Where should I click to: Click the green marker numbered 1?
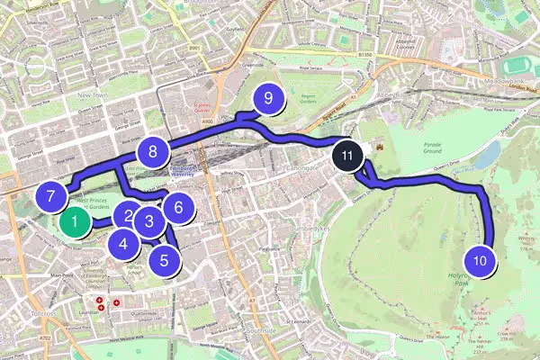76,219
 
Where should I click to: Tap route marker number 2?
130,216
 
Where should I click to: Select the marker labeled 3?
150,220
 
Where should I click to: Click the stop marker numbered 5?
164,261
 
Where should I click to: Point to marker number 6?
178,208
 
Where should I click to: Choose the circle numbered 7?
51,195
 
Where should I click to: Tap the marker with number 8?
154,152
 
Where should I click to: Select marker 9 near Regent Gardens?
267,99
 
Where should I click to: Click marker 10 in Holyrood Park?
481,262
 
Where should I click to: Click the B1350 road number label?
364,56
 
